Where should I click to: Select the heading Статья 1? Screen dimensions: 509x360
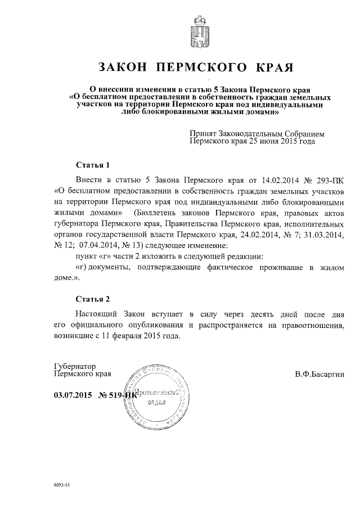[x=91, y=165]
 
